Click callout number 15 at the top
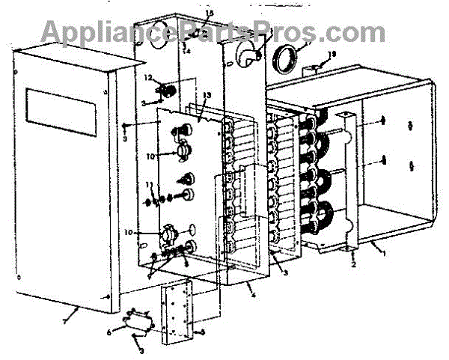click(x=189, y=13)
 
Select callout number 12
click(x=148, y=79)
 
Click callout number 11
click(x=148, y=185)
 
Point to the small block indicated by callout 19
click(x=314, y=70)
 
